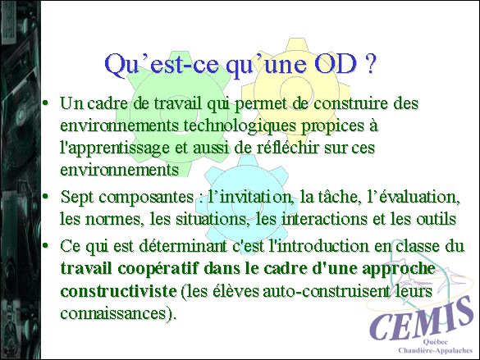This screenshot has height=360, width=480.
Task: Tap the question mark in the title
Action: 370,65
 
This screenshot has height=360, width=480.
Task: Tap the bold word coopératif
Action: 159,269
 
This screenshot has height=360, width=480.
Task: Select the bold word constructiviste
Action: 118,291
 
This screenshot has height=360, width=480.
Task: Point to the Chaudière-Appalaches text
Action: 436,350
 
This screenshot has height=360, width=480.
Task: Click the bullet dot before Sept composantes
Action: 46,196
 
